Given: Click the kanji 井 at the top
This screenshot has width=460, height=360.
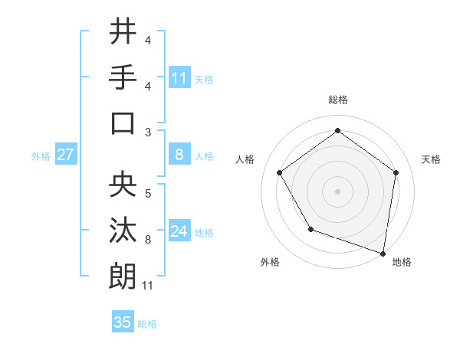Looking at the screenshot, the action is pos(123,31).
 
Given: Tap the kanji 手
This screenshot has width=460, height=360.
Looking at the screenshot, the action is pos(123,77).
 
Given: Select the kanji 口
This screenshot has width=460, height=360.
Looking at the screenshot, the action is pos(123,123).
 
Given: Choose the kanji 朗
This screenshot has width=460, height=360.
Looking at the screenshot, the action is pos(123,276).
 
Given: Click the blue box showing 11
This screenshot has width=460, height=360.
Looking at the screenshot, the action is pos(179,77).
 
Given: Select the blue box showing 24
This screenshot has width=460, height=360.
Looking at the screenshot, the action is pos(179,231).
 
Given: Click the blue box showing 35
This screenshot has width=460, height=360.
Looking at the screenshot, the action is pos(123,322).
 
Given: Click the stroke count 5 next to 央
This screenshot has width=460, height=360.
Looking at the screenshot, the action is pos(148,194).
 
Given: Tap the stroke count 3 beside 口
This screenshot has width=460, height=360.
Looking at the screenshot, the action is pos(148,133).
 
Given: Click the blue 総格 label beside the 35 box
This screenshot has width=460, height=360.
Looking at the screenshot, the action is pos(148,324).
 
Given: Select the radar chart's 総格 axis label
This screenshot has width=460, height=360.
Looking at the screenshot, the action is pos(337,100).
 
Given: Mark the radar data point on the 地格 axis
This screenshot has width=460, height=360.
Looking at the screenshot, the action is pos(383,252).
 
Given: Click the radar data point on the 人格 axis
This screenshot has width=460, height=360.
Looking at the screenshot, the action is pos(280,172).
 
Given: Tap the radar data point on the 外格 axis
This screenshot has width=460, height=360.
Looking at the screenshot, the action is pos(310,229).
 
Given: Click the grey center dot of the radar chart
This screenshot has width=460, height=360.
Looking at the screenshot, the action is pos(337,191).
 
